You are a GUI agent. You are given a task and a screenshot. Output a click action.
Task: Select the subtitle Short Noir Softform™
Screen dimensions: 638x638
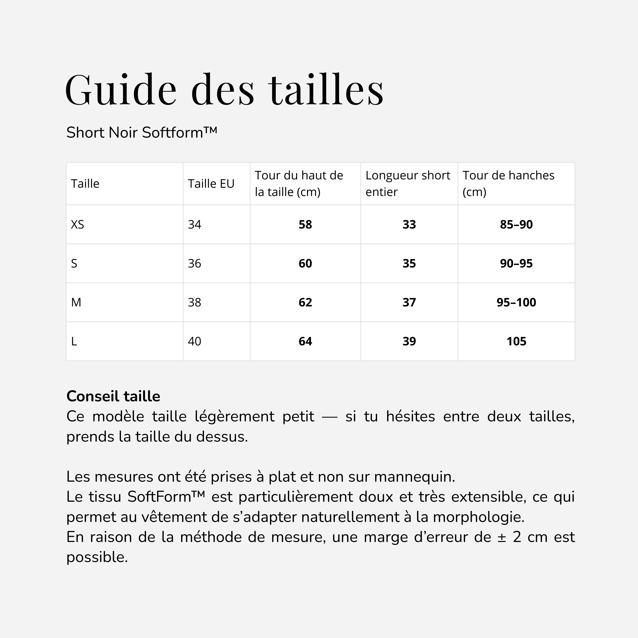[142, 133]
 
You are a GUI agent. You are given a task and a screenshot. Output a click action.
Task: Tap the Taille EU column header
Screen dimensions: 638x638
[211, 184]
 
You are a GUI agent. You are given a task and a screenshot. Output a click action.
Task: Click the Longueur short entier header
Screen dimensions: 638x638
[408, 184]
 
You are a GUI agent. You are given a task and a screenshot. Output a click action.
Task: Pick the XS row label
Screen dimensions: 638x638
[78, 225]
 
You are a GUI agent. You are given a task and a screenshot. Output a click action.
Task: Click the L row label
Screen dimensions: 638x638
[74, 341]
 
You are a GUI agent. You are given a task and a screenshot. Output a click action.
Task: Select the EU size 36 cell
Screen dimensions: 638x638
[195, 264]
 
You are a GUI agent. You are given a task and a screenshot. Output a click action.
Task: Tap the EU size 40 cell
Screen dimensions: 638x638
[195, 341]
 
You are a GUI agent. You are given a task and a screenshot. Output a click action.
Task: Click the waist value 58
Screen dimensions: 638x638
[305, 225]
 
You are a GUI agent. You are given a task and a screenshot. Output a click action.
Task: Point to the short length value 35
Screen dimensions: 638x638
[409, 264]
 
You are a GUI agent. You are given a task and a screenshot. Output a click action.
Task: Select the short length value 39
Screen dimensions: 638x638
[409, 341]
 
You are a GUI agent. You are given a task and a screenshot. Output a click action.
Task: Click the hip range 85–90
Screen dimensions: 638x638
[516, 225]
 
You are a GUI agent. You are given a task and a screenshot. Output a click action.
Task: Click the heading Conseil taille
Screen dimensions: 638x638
[113, 396]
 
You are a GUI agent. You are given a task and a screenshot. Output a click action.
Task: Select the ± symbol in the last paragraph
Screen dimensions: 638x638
[502, 537]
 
